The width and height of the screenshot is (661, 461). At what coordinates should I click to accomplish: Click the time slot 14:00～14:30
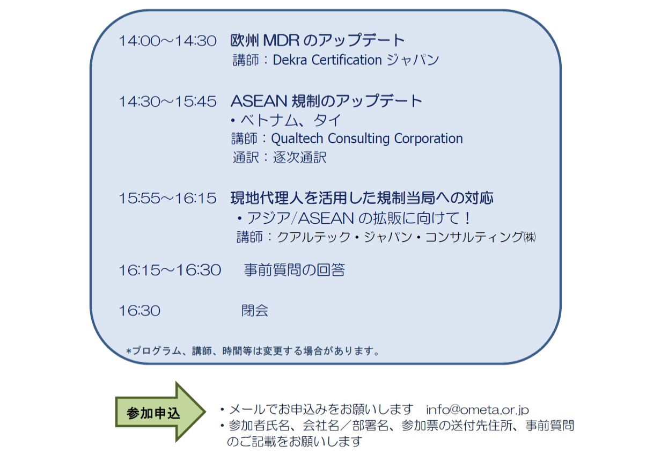(x=167, y=41)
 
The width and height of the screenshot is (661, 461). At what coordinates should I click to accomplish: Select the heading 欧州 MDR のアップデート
(x=317, y=40)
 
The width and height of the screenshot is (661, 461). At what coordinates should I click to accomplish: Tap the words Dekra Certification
(x=327, y=60)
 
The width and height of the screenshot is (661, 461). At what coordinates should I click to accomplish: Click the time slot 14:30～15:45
(x=167, y=101)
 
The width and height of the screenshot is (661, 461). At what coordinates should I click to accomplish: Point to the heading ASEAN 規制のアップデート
(x=326, y=101)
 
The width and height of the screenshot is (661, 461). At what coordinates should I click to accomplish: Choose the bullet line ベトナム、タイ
(x=286, y=120)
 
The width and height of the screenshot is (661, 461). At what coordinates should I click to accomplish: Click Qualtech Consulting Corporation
(x=367, y=138)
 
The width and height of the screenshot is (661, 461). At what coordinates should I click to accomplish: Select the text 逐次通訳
(x=300, y=157)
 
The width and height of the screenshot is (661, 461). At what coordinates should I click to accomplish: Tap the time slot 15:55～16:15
(x=167, y=198)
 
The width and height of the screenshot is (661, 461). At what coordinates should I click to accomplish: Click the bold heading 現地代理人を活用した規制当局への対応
(x=362, y=197)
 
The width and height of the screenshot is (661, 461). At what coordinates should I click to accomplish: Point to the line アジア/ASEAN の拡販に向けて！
(x=354, y=218)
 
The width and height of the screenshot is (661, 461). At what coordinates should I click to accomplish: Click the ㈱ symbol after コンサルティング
(x=530, y=237)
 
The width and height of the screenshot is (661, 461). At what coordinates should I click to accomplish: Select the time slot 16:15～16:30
(x=170, y=270)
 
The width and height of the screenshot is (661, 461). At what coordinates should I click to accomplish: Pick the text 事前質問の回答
(x=294, y=270)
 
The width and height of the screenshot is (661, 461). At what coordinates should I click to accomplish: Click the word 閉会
(x=255, y=311)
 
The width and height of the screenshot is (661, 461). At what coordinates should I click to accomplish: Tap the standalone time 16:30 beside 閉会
(x=139, y=311)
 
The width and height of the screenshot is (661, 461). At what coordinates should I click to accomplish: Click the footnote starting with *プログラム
(x=253, y=351)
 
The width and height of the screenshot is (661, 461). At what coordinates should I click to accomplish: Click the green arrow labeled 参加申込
(x=160, y=412)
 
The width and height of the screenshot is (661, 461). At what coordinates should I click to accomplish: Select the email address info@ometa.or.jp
(x=477, y=410)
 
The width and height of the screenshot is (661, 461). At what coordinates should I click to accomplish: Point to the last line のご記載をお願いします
(x=294, y=442)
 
